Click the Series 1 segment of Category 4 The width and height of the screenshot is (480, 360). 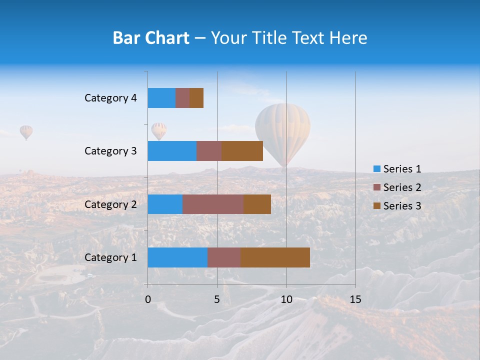point(161,98)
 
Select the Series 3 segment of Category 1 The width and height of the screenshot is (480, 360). point(275,257)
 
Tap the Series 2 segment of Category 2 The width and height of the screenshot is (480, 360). point(213,204)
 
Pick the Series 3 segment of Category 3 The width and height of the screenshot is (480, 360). point(242,151)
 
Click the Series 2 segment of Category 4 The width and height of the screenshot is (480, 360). point(182,98)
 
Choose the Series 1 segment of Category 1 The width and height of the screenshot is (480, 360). point(177,257)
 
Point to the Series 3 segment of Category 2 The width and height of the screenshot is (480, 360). point(257,204)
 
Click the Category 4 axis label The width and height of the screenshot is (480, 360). point(110,98)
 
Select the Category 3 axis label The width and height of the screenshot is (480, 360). point(110,151)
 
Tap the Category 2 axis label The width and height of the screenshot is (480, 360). point(110,204)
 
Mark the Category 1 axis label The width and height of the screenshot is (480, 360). point(110,257)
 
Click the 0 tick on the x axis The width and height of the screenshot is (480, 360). point(148,299)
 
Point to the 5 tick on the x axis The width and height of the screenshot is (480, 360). point(217,299)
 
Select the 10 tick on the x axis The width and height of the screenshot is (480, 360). point(286,299)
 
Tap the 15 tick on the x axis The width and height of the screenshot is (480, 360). point(355,299)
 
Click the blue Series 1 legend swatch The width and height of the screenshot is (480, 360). point(376,169)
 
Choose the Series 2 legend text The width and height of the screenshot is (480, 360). point(402,187)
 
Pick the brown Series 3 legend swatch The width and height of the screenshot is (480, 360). point(376,206)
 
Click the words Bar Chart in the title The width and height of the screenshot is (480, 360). point(151,38)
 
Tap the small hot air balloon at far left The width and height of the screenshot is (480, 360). point(26,132)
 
